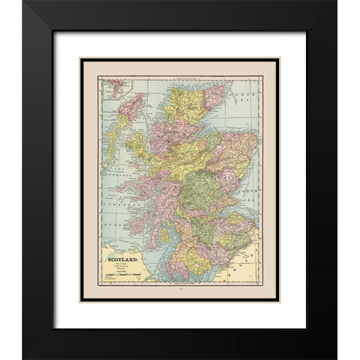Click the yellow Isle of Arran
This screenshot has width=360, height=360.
pos(164,235)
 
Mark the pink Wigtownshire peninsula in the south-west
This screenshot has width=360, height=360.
pos(174,274)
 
